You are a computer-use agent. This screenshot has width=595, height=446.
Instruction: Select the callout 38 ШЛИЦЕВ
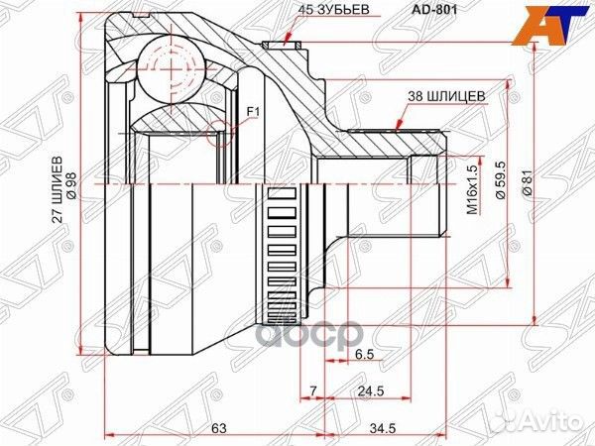point(447,96)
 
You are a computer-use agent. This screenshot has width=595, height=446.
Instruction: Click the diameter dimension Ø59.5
point(502,182)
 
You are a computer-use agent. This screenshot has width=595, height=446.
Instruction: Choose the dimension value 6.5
point(363,352)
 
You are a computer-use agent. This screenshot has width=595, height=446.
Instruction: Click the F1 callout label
point(252,112)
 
